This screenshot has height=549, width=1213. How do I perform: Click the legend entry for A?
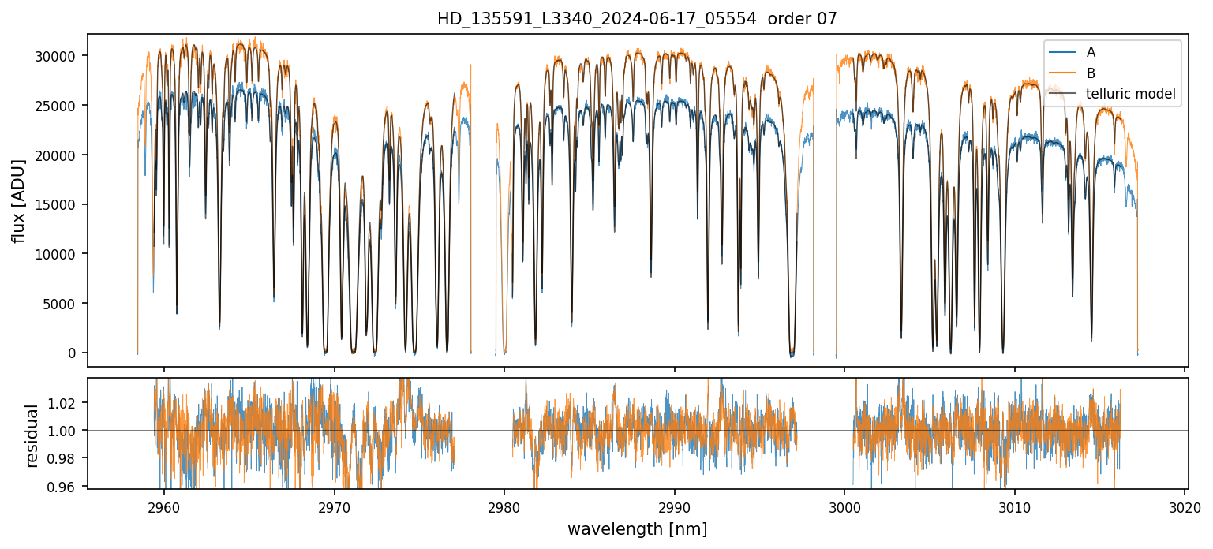tap(1091, 52)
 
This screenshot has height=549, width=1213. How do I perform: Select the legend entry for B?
tap(1091, 73)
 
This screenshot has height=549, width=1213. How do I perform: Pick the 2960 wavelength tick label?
tap(164, 505)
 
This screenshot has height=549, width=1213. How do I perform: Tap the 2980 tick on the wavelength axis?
tap(504, 505)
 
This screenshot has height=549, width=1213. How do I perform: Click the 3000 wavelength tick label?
tap(844, 505)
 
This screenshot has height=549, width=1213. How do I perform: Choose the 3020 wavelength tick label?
tap(1185, 505)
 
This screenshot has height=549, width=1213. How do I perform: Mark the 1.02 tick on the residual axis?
tap(66, 402)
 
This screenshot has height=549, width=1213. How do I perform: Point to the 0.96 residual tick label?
tap(66, 487)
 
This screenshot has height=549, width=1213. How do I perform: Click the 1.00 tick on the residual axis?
tap(66, 431)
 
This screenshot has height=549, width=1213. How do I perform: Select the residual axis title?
tap(32, 435)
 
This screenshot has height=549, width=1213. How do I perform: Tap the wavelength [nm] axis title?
tap(637, 528)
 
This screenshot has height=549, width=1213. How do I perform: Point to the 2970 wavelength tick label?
tap(334, 505)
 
